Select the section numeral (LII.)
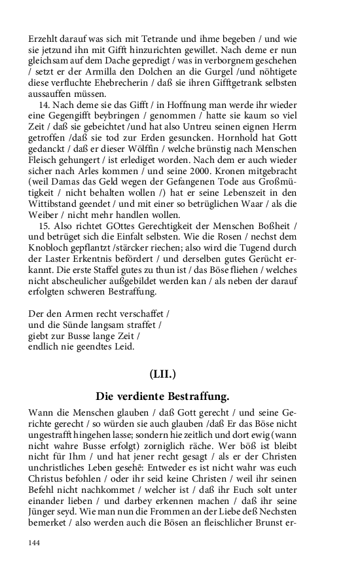162,374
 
